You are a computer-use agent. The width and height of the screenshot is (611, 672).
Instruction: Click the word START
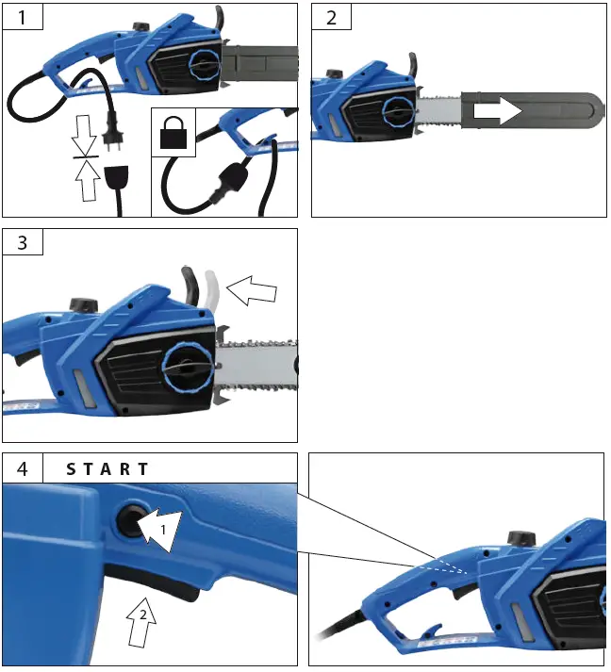pyautogui.click(x=107, y=468)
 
